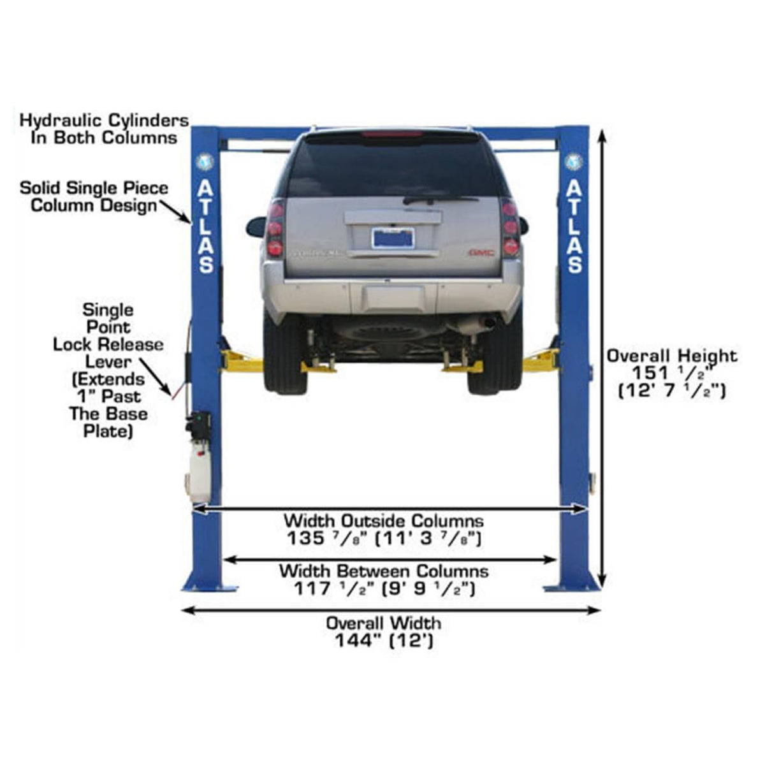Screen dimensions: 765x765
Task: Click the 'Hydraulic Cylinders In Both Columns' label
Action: (x=104, y=129)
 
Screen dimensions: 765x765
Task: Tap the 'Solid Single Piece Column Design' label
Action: (x=94, y=196)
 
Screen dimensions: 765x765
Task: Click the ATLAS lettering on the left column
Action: (x=206, y=226)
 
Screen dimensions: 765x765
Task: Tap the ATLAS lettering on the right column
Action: (x=574, y=226)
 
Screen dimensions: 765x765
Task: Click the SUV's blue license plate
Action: (x=393, y=238)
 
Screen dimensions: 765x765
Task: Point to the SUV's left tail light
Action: (x=275, y=229)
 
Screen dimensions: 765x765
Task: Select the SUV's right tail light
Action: (x=510, y=228)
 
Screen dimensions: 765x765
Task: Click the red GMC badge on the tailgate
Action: (x=481, y=253)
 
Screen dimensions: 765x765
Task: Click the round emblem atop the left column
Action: (x=205, y=161)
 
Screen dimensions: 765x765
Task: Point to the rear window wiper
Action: (x=440, y=200)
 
